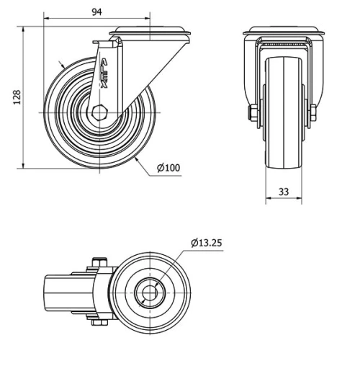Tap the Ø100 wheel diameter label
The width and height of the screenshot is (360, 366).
pos(168,169)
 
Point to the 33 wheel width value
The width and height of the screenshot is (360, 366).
pos(283,192)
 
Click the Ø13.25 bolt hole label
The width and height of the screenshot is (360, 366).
pos(207,243)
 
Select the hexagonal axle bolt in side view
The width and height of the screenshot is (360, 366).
pos(100,113)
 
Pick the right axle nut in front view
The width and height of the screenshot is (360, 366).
pos(312,113)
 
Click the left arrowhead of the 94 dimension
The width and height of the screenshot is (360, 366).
pos(46,16)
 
